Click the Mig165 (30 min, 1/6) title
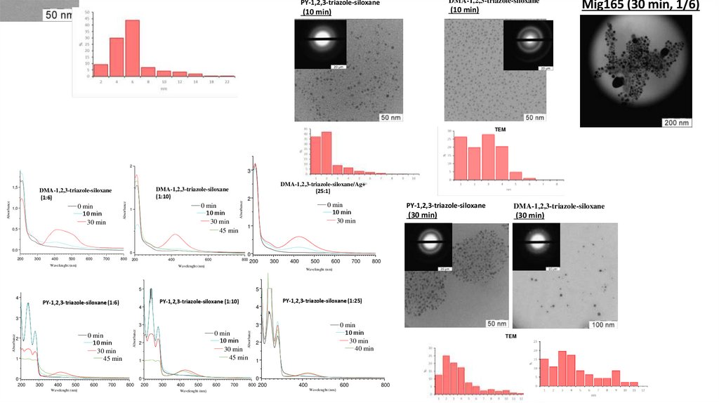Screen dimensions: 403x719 tap(640, 6)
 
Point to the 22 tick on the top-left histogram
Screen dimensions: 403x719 tap(227, 82)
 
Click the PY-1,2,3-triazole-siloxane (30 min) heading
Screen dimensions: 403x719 tap(445, 210)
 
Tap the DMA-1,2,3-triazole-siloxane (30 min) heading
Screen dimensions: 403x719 tap(558, 210)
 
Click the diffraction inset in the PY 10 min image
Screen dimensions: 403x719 tap(319, 44)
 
